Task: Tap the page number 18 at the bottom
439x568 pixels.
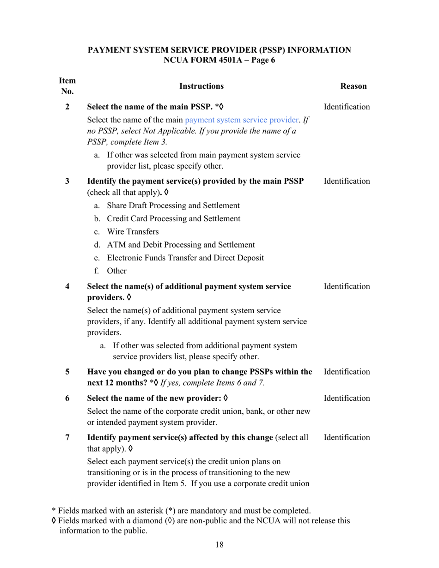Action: pos(219,545)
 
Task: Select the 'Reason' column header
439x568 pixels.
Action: pos(353,86)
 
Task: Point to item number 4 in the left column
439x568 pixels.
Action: pos(67,286)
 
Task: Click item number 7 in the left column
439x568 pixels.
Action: pos(67,437)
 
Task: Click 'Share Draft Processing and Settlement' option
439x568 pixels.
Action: pos(173,205)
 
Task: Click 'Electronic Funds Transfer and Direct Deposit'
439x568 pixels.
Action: pos(185,258)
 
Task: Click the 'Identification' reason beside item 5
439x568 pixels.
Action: pos(347,371)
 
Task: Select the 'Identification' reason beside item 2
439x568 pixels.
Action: pos(347,107)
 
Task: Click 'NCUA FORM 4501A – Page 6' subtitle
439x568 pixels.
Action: pos(219,60)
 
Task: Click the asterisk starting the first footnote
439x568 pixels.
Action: pos(54,511)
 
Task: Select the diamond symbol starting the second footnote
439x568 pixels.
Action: pos(54,521)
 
